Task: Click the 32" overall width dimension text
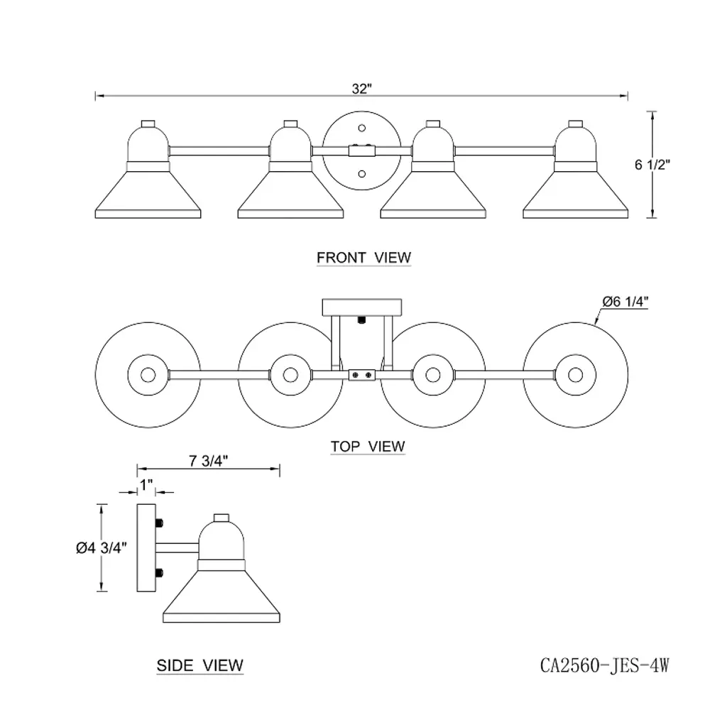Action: click(x=361, y=89)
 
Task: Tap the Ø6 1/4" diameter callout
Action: click(x=625, y=301)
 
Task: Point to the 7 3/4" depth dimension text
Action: click(x=208, y=459)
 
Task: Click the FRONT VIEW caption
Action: click(x=363, y=257)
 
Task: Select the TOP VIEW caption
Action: click(x=368, y=447)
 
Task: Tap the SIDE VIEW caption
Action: click(x=199, y=665)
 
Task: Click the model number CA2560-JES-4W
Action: click(x=605, y=665)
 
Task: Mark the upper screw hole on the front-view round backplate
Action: click(x=361, y=128)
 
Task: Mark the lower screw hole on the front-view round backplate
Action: click(x=361, y=173)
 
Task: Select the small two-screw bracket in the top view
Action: click(x=361, y=373)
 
